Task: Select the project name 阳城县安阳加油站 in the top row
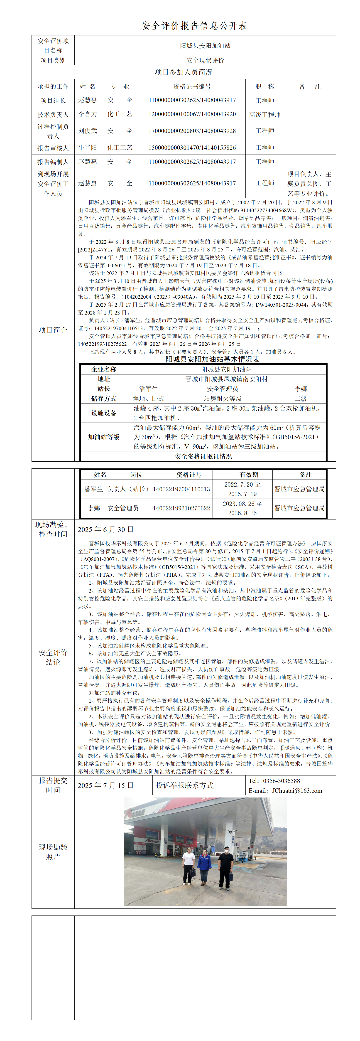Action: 205,46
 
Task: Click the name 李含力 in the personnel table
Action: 88,114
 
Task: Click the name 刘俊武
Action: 88,131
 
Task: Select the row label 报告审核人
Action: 53,148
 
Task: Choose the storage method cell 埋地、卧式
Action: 148,399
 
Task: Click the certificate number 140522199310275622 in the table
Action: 182,508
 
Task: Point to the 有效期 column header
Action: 249,475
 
